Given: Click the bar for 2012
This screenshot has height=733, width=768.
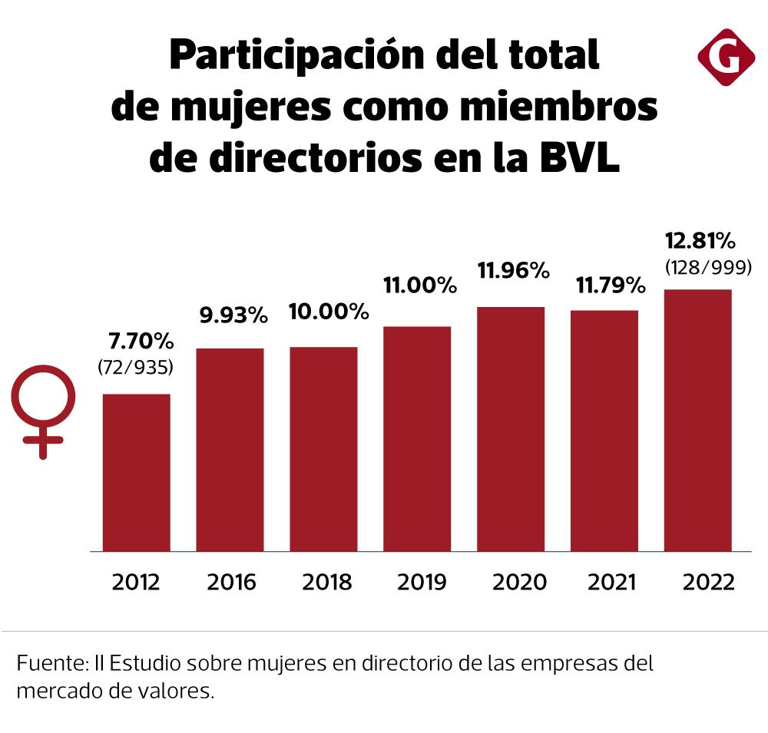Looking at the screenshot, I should [x=137, y=472].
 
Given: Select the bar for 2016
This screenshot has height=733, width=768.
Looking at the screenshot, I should [x=230, y=449].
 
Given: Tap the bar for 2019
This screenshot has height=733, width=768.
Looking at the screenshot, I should [x=417, y=438].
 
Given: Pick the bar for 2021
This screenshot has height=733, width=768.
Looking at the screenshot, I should [x=604, y=431].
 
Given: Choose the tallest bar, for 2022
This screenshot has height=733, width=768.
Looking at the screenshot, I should [x=697, y=420].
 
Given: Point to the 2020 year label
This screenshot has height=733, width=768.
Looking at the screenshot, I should [x=511, y=582].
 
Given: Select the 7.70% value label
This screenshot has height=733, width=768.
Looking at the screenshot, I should [x=137, y=341].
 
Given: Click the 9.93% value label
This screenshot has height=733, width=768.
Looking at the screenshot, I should [x=230, y=315].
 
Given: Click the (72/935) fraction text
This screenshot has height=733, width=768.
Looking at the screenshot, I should [x=136, y=368].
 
